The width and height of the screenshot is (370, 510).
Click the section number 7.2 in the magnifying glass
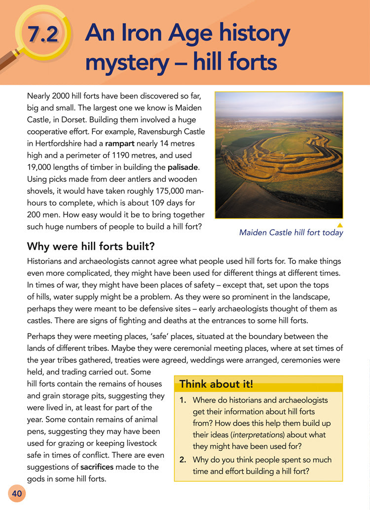point(43,35)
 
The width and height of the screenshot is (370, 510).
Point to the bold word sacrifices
point(101,467)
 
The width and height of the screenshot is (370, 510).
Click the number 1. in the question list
point(182,400)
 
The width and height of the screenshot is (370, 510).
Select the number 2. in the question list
point(182,460)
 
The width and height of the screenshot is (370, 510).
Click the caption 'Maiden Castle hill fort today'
point(291,233)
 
